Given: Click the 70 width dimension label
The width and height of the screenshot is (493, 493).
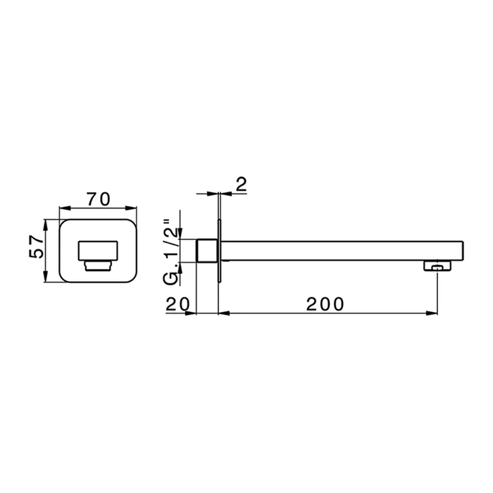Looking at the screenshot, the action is point(99,199).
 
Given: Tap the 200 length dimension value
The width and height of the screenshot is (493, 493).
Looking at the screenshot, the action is point(325,304).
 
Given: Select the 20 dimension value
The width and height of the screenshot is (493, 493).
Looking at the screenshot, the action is point(177,304).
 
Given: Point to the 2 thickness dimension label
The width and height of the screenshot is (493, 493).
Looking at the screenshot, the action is point(241,185).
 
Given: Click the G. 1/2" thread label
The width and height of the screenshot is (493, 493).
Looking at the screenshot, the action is point(171,252).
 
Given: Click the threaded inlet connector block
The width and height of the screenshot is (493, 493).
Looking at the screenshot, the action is point(207,251).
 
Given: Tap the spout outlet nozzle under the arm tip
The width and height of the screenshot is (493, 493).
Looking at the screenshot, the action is point(437,266).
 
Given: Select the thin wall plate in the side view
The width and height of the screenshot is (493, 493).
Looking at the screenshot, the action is point(220,251).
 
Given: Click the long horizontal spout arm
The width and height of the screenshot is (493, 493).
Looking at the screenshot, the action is point(343,251).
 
